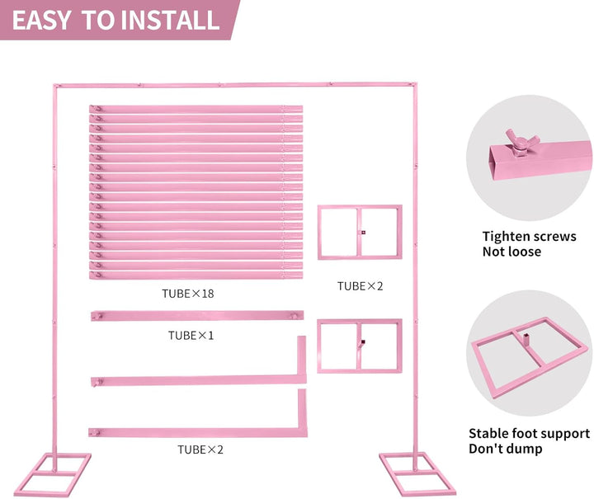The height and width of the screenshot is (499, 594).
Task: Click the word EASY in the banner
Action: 41,20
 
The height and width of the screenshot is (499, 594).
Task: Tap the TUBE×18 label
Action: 188,294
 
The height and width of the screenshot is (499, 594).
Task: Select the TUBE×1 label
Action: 191,336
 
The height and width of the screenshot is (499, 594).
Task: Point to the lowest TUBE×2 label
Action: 200,450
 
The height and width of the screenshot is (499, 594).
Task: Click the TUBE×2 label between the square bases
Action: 361,286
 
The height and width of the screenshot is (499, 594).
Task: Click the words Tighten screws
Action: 529,236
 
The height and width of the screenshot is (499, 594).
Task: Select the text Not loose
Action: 511,252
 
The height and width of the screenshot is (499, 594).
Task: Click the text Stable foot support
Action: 529,433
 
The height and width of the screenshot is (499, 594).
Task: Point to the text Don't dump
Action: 506,449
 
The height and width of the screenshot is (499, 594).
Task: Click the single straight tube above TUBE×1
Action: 197,315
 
